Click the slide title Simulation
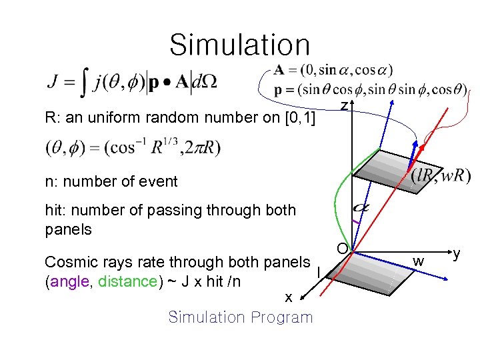click(239, 45)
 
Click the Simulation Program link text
click(240, 317)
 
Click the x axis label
click(287, 298)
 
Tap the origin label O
click(341, 249)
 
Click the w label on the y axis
click(419, 260)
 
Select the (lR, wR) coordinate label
click(440, 175)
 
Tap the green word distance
click(127, 281)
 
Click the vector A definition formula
click(333, 69)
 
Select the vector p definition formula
click(370, 89)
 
